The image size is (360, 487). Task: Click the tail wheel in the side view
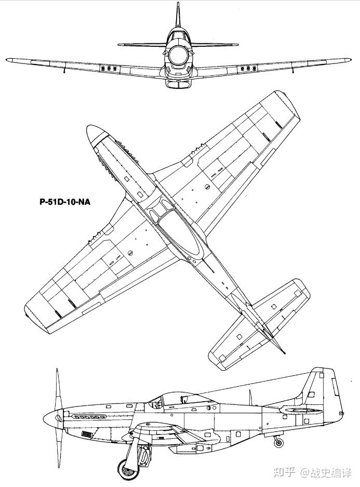click(x=279, y=443)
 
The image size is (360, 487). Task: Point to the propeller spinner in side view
click(x=52, y=416)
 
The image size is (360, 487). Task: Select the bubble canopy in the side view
click(x=171, y=399)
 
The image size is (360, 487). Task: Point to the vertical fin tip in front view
click(x=178, y=5)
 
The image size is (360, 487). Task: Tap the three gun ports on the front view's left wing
click(x=110, y=69)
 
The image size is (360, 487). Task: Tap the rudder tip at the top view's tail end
click(x=284, y=352)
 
